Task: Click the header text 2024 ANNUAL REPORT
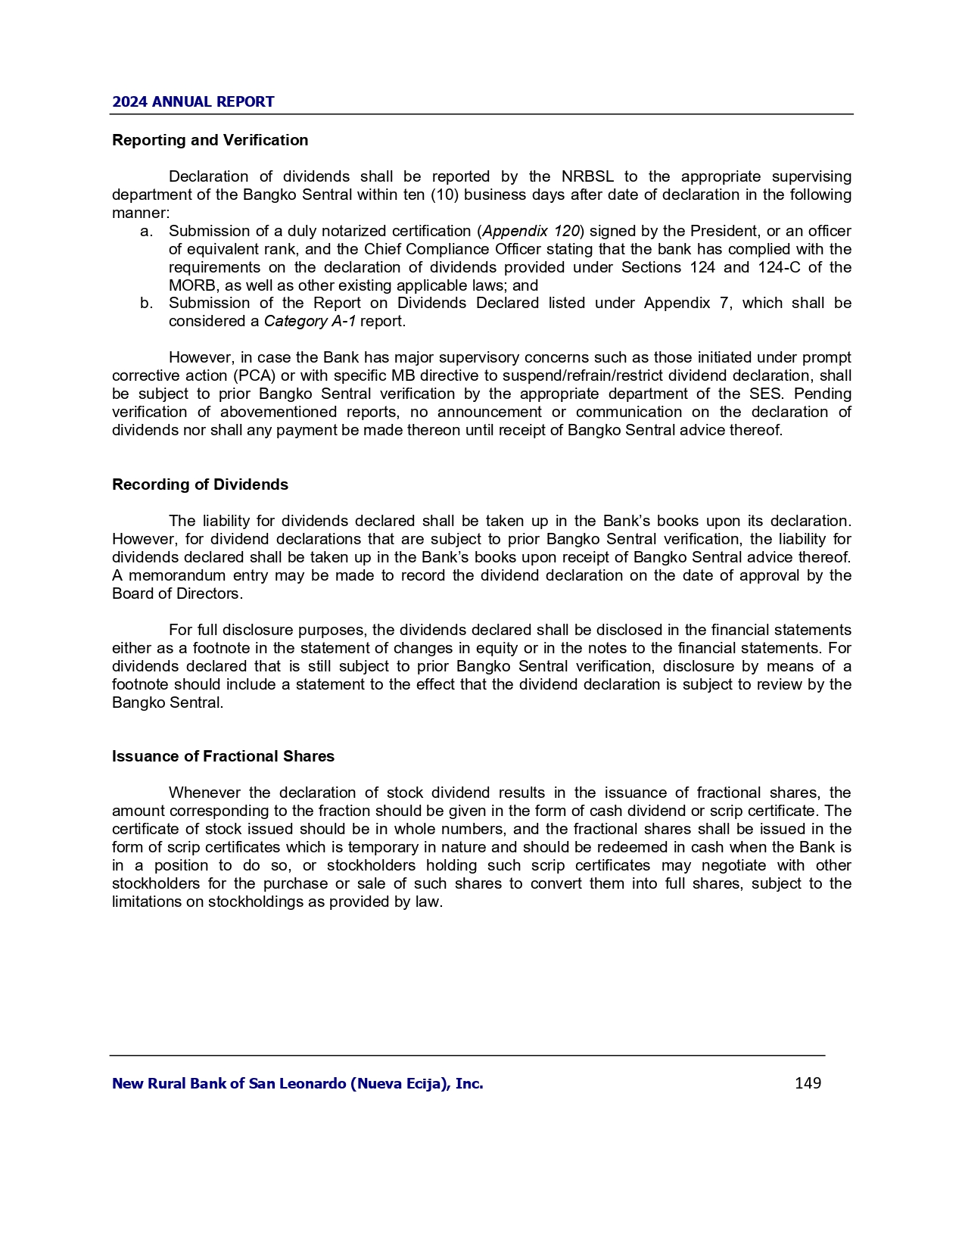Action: pos(193,101)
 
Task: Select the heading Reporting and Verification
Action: pos(210,140)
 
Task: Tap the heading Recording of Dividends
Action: pos(200,484)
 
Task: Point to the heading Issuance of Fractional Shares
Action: pos(223,756)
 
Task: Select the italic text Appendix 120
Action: pos(531,231)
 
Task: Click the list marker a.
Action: pos(146,231)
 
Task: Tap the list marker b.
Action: pos(146,303)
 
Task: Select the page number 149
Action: pos(808,1083)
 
